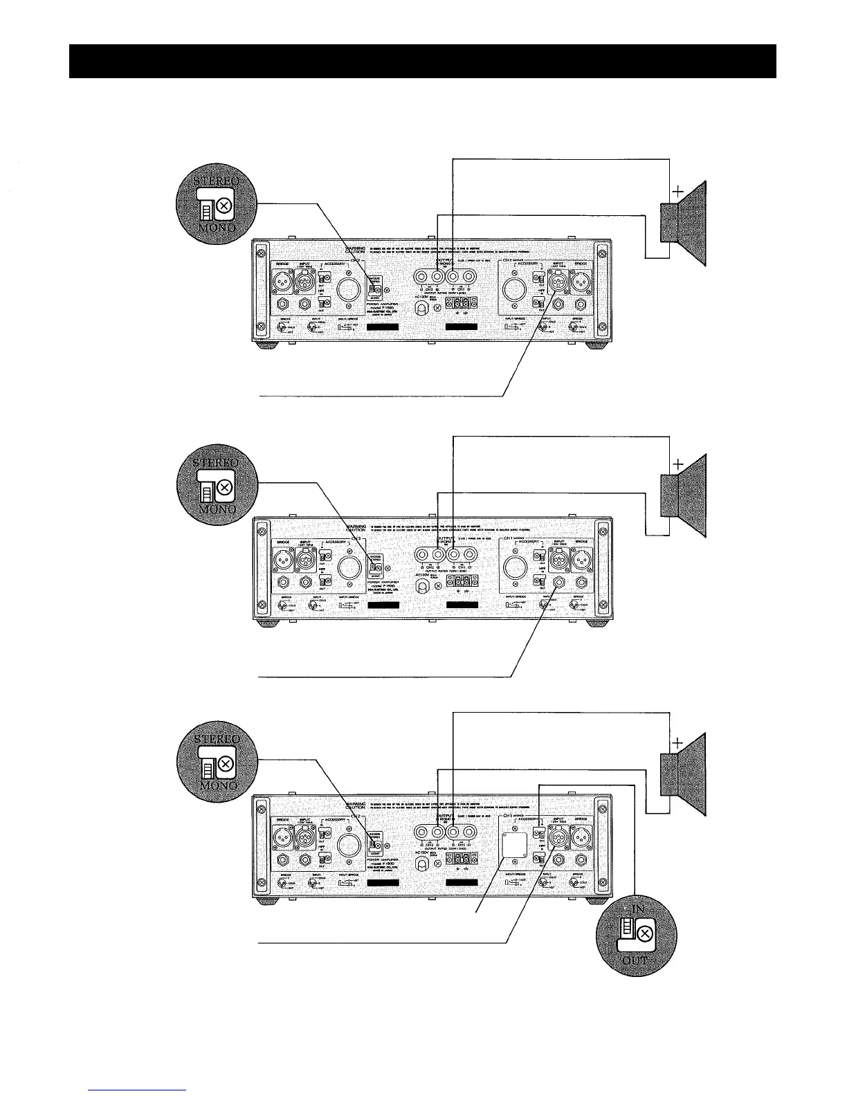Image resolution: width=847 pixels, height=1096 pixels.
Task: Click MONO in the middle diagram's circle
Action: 215,509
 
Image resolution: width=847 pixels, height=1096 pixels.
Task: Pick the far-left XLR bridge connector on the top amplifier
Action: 285,281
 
